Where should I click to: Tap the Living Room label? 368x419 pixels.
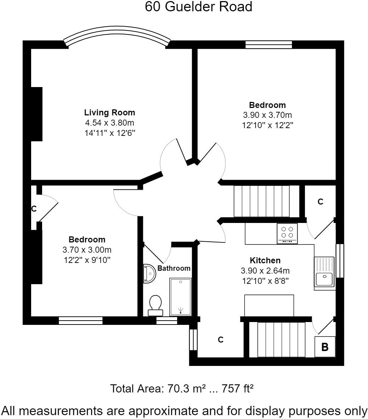(109, 113)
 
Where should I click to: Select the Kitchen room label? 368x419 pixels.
(265, 260)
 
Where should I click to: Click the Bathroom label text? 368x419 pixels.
(174, 268)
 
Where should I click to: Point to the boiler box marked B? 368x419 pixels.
(324, 347)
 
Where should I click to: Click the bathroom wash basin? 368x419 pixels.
(149, 274)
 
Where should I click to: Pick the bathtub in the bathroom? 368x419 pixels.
(180, 297)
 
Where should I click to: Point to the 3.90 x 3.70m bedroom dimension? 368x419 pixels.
(267, 115)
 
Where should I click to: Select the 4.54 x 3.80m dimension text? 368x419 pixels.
(109, 123)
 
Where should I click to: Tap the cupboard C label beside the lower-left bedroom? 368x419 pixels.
(34, 209)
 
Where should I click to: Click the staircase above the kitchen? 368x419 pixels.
(261, 201)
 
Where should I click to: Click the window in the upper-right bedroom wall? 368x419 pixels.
(269, 44)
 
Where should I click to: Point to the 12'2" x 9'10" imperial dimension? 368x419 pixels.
(87, 260)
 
